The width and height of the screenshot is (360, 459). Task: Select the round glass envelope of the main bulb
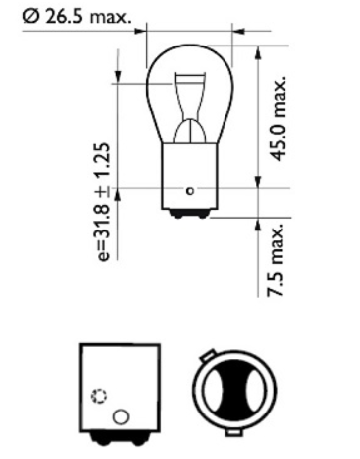(x=189, y=94)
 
